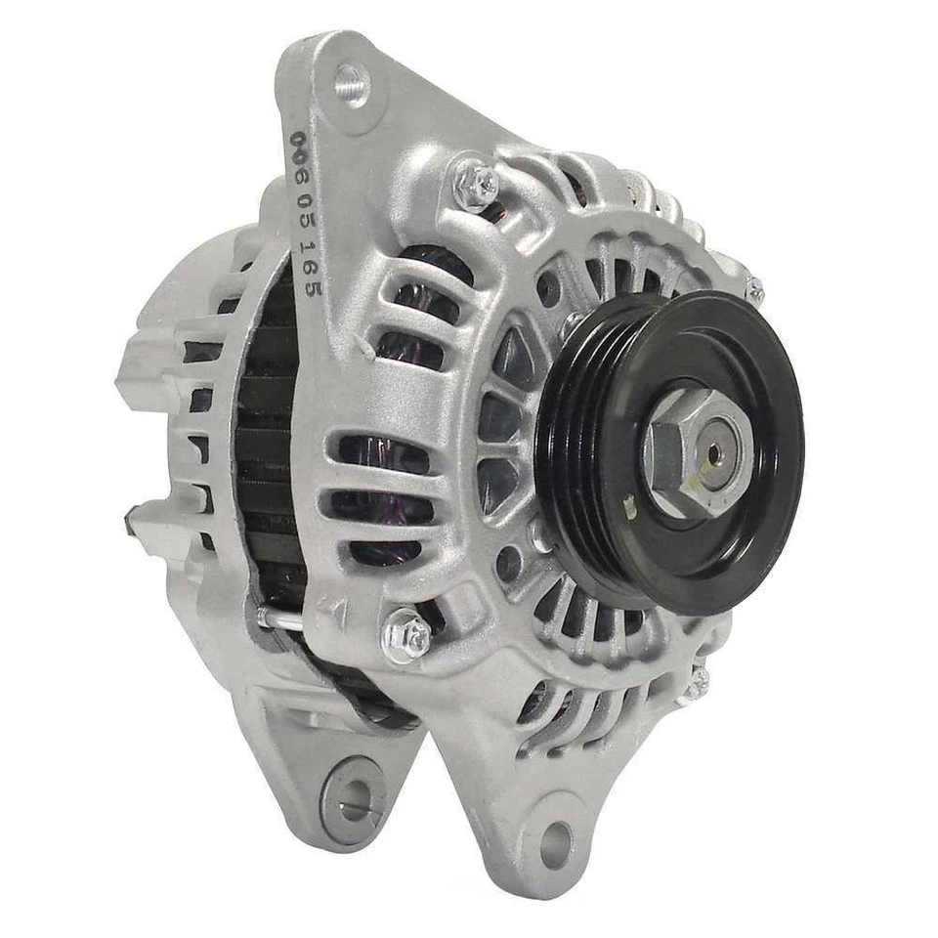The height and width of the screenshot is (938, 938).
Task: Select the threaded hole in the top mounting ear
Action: coord(351,84)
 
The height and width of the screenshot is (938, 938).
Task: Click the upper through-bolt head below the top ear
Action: coord(477,182)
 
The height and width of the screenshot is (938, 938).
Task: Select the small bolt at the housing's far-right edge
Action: coord(754,289)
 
